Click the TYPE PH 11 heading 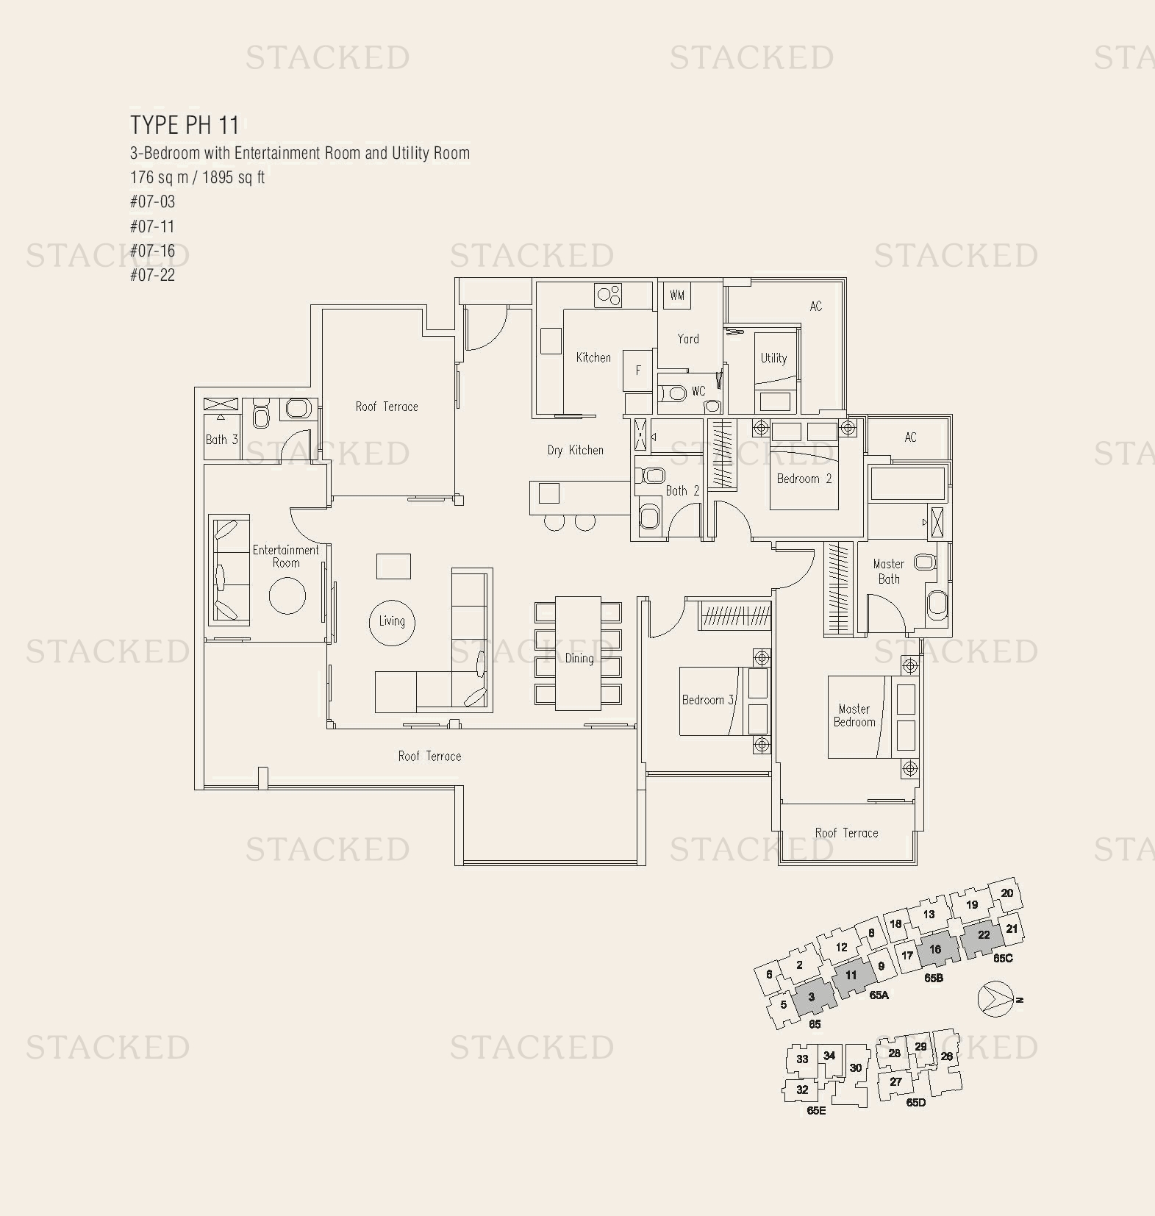[x=185, y=125]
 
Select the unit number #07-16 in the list [x=152, y=251]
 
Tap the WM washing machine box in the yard [x=676, y=296]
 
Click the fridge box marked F [x=637, y=370]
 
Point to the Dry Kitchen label [x=575, y=450]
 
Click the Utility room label [x=773, y=358]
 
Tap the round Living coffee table [x=391, y=622]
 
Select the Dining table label [x=579, y=658]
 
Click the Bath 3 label [x=221, y=440]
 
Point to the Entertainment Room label [x=285, y=556]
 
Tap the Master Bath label [x=888, y=571]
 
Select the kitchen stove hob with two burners [x=609, y=296]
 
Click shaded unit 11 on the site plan [x=851, y=976]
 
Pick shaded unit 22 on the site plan [x=983, y=936]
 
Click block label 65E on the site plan [x=816, y=1111]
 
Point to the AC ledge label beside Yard [x=815, y=307]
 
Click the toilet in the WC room [x=673, y=393]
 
